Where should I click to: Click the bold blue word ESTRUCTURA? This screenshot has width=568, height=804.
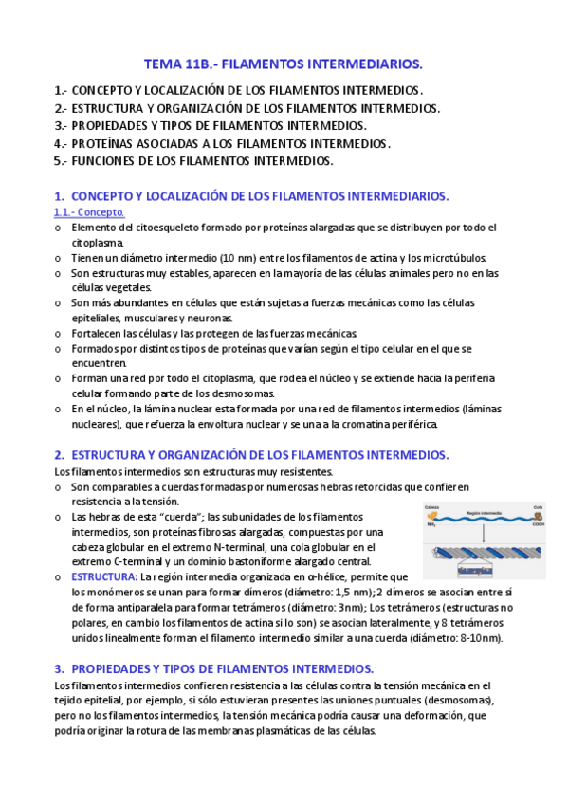tap(105, 576)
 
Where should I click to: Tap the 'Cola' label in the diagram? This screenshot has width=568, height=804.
tap(538, 506)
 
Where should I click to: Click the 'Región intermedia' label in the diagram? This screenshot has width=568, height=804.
tap(484, 511)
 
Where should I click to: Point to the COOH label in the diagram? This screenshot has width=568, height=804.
tap(537, 524)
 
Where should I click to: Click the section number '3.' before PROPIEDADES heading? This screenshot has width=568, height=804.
tap(60, 667)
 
